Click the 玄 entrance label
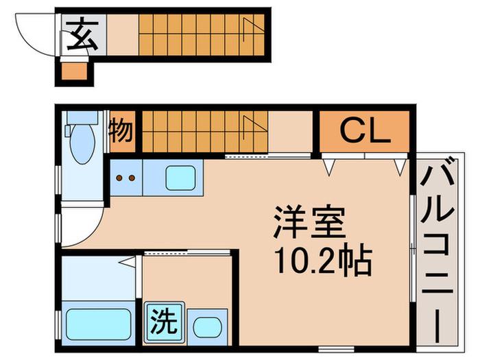82,34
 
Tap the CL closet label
365,132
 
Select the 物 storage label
121,131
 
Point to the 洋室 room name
309,223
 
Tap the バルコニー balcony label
437,250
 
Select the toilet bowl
81,143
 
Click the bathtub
98,324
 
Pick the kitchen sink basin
180,178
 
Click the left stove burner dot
119,178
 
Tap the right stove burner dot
132,178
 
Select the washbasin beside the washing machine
207,327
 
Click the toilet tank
82,117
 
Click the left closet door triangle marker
328,167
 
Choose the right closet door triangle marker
400,167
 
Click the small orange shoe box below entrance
74,71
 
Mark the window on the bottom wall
336,349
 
